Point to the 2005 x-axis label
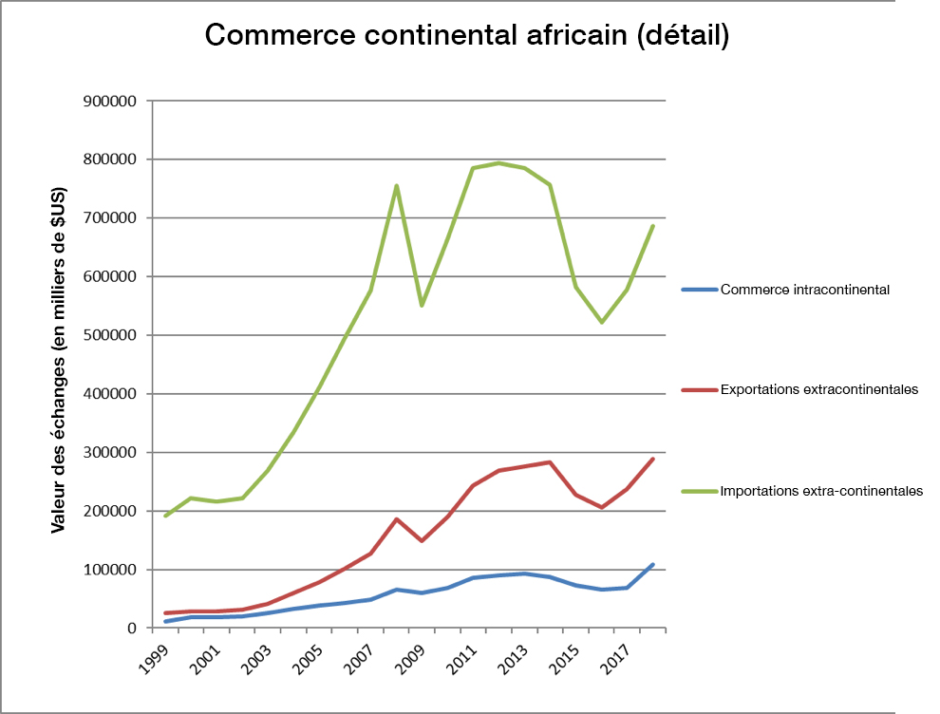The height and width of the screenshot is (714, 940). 310,656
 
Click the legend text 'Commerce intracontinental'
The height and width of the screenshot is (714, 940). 805,290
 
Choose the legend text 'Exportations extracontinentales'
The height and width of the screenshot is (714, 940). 819,390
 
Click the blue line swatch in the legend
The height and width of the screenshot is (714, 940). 700,290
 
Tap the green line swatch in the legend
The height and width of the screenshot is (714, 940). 700,491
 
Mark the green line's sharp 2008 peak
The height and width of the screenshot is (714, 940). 396,185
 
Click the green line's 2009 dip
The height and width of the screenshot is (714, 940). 422,305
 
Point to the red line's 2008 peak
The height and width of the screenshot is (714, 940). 396,519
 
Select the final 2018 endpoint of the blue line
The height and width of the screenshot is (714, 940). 653,565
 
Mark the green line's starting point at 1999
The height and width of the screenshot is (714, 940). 165,516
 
